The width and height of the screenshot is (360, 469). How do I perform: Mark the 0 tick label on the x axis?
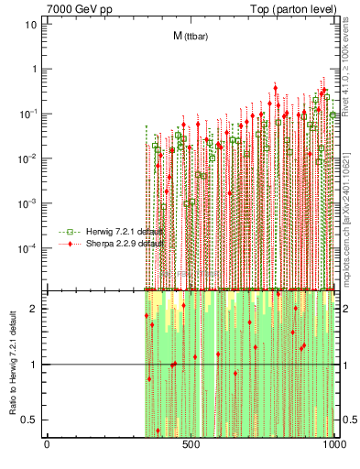[47, 446]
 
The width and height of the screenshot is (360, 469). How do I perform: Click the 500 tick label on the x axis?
[191, 446]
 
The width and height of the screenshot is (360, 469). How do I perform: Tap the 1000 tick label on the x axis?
[334, 446]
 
